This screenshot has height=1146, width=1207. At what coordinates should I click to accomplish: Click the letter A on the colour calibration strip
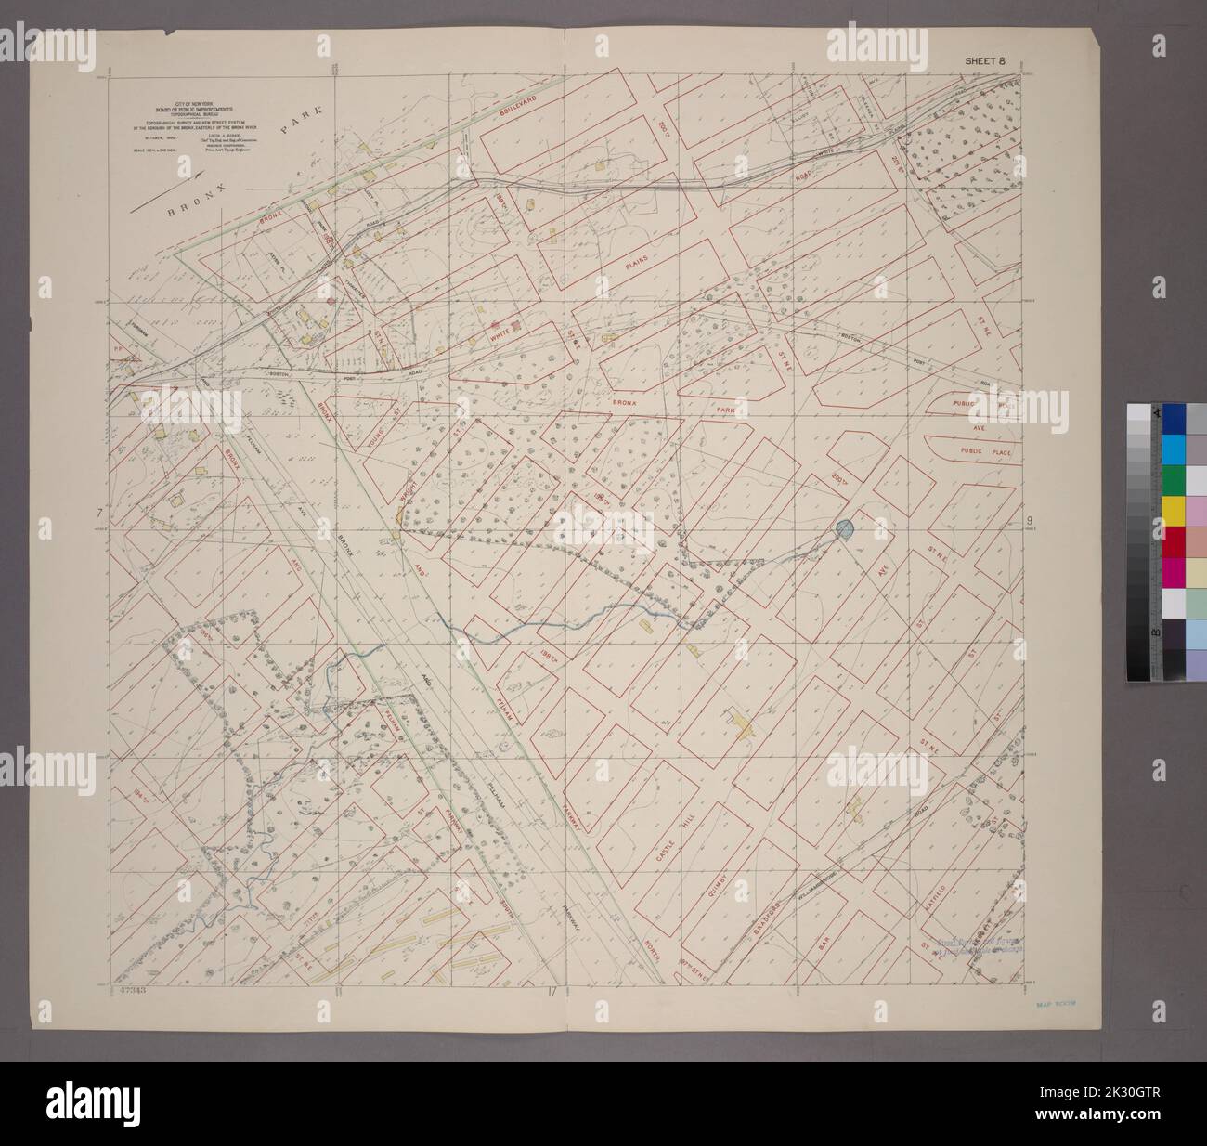coord(1156,414)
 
